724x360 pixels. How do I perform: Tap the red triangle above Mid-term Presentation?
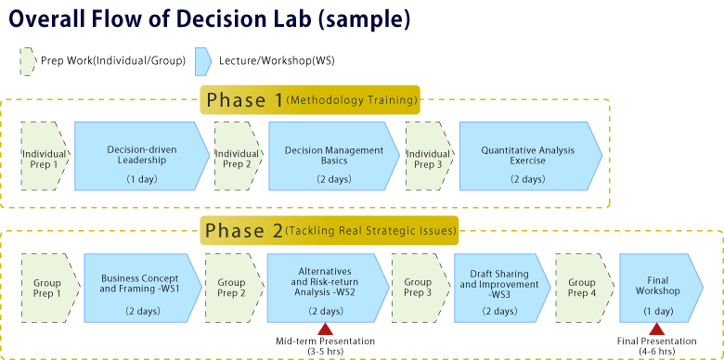(x=325, y=329)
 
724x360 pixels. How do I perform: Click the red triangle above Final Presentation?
(x=656, y=329)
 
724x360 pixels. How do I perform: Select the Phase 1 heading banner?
(x=310, y=99)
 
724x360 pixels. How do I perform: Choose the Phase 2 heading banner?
(x=329, y=230)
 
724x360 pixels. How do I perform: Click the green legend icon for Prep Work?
(x=27, y=61)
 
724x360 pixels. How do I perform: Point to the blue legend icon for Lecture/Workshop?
(x=203, y=61)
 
